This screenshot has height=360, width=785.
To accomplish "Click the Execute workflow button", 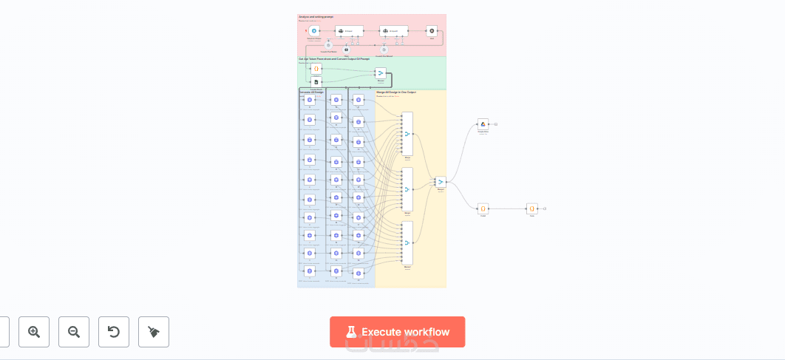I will pos(397,332).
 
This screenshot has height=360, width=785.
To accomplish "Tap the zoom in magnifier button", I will pos(34,332).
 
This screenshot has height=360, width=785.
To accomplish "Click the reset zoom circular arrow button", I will pos(114,332).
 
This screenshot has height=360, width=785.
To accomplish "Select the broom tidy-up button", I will pos(154,332).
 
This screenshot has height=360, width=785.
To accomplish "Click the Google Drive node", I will pos(483,124).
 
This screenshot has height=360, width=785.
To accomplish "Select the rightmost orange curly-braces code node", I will pos(531,209).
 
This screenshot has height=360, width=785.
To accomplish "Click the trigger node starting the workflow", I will pos(314,31).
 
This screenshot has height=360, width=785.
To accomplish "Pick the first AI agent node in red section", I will pos(349,31).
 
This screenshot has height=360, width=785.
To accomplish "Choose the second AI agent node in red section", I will pos(393,31).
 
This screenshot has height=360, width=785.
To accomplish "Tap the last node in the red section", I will pos(432,31).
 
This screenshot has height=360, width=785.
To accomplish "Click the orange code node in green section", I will pos(316,68).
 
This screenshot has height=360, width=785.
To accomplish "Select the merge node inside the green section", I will pos(380,73).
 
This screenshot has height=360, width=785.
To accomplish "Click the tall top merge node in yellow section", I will pos(407,134).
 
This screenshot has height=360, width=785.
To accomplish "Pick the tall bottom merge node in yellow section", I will pos(407,243).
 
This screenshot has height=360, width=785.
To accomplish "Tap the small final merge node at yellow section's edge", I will pos(441,182).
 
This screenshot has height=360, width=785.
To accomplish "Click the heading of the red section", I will pos(316,16).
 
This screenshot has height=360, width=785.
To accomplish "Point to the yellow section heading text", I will pos(396,92).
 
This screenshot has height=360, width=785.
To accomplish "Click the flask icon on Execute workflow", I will pos(351,332).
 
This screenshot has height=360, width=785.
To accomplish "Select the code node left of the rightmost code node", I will pos(483,209).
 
